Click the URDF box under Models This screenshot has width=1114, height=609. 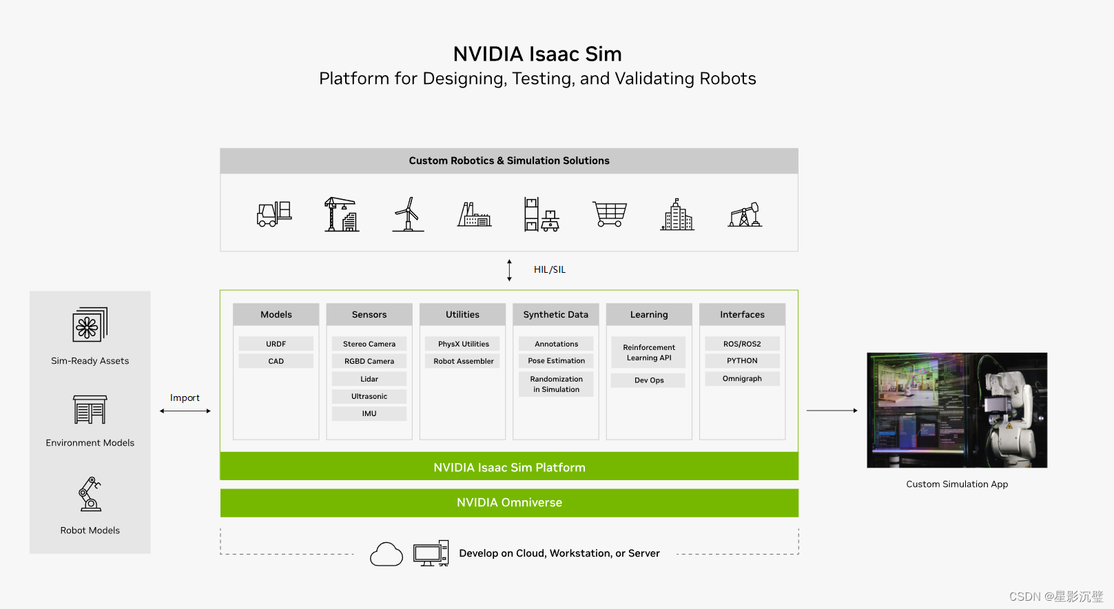276,344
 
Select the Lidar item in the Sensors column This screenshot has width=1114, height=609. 369,379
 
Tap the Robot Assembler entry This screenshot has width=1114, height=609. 463,361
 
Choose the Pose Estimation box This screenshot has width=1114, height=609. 556,360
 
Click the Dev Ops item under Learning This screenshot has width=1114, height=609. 648,380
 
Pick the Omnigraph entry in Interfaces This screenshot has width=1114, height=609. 742,378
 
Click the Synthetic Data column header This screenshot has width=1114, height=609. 555,315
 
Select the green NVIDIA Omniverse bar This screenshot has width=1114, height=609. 509,503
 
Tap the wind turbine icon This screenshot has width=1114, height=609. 409,214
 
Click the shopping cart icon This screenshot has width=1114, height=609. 610,214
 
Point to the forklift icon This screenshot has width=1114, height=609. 274,214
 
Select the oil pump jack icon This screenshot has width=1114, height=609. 745,215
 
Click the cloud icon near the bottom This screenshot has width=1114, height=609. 386,554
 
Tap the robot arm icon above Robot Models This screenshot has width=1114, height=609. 90,494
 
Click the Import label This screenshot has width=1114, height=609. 185,398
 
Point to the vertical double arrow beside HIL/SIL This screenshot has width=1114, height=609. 509,270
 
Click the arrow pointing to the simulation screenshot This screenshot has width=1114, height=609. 832,411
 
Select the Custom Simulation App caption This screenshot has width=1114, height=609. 957,484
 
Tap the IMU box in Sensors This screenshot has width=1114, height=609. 369,413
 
